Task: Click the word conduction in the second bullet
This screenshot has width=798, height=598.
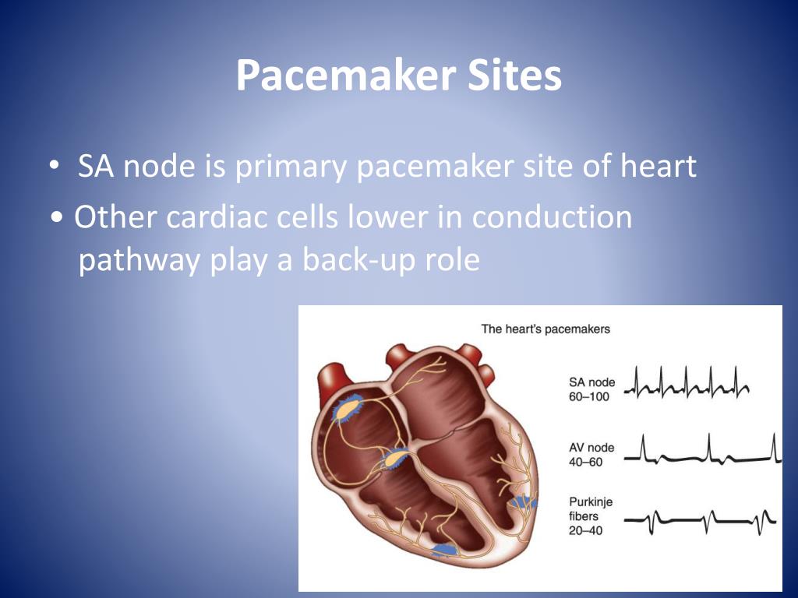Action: pyautogui.click(x=552, y=217)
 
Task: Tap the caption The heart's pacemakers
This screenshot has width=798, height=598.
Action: pyautogui.click(x=546, y=329)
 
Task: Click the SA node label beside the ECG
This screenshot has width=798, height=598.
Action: pyautogui.click(x=592, y=382)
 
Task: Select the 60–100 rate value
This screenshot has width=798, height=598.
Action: pyautogui.click(x=589, y=396)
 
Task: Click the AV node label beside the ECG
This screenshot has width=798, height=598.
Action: pyautogui.click(x=592, y=448)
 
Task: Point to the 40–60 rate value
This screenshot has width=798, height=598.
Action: pyautogui.click(x=587, y=462)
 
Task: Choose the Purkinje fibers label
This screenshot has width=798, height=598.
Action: pyautogui.click(x=591, y=508)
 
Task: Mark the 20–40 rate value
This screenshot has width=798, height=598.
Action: pyautogui.click(x=587, y=531)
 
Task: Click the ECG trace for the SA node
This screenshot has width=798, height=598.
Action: pyautogui.click(x=687, y=383)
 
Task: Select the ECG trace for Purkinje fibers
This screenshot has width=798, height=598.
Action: pyautogui.click(x=701, y=520)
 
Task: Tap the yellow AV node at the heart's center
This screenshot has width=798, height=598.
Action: pyautogui.click(x=394, y=459)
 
